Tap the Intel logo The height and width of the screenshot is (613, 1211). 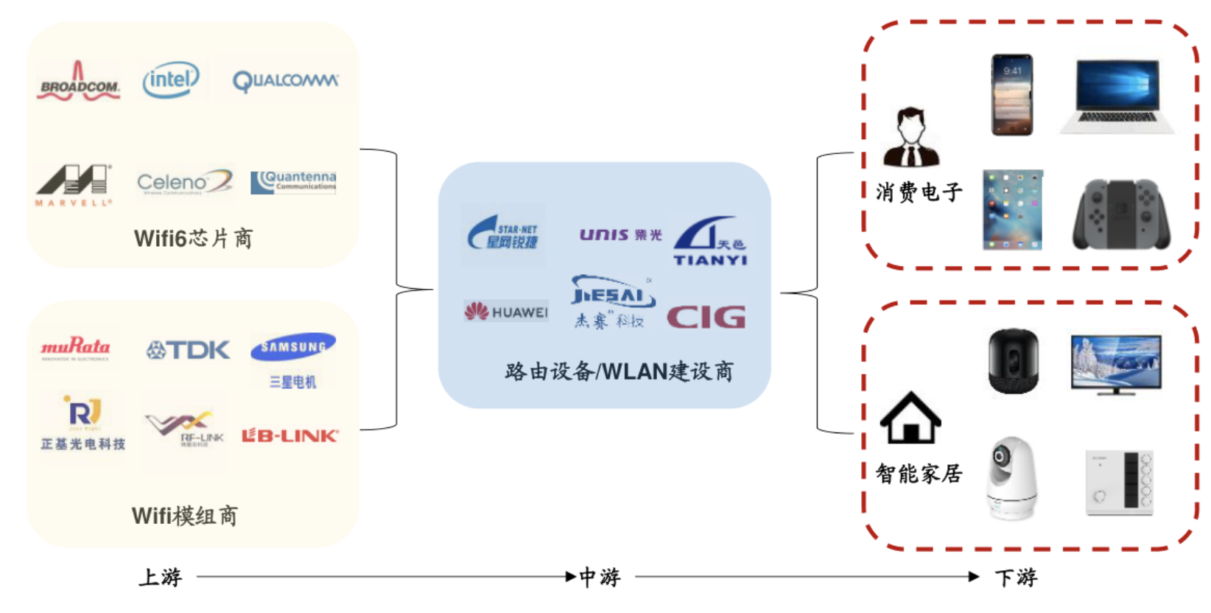coord(171,80)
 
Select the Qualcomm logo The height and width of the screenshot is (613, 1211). coord(286,80)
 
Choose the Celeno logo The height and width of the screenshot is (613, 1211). coord(184,181)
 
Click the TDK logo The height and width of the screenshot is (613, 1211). coord(188,350)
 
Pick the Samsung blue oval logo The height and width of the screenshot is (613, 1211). coord(293,347)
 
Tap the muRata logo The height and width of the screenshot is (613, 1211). coord(75,347)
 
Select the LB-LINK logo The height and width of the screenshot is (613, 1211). coord(290,436)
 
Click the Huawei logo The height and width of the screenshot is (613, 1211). coord(506,312)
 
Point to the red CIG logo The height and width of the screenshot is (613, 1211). coord(706,318)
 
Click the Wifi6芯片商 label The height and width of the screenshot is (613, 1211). coord(193,239)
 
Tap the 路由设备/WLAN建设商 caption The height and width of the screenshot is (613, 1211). coord(619,371)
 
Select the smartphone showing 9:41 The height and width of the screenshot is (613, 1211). coord(1012,95)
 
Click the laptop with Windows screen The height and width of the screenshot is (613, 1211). coord(1117,97)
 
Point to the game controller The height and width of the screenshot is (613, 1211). coord(1120,214)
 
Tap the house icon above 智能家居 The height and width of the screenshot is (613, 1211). coord(910,418)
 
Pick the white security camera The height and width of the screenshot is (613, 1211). coord(1011,478)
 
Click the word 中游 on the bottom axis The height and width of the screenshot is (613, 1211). coord(600,577)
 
